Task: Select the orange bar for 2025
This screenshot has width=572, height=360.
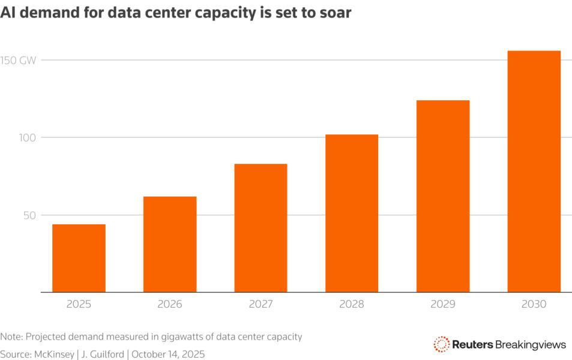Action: [x=79, y=258]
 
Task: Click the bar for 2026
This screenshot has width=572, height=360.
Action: [x=170, y=244]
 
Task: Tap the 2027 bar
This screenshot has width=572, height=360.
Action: [x=260, y=228]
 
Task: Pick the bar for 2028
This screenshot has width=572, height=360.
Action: [x=352, y=213]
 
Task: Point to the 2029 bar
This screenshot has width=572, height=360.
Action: [x=443, y=196]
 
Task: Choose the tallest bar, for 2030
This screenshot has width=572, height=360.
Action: [x=534, y=172]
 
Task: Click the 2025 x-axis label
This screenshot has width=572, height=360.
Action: [x=79, y=305]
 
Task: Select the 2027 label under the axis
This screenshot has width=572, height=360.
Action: [x=260, y=305]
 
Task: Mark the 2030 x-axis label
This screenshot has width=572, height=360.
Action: [x=534, y=305]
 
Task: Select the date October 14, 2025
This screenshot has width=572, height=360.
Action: [x=168, y=354]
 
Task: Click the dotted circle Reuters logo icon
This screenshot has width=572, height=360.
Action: [x=441, y=344]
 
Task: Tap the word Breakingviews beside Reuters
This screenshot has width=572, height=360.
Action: [x=531, y=344]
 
